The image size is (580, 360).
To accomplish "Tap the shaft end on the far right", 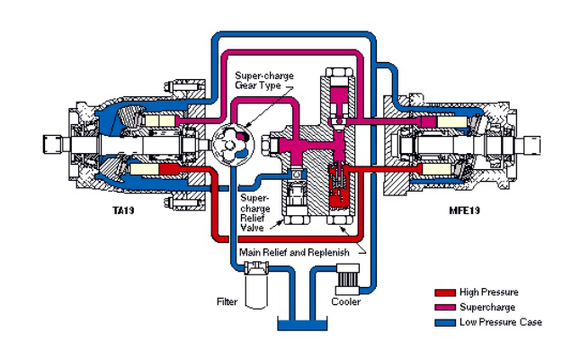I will tap(534, 141).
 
